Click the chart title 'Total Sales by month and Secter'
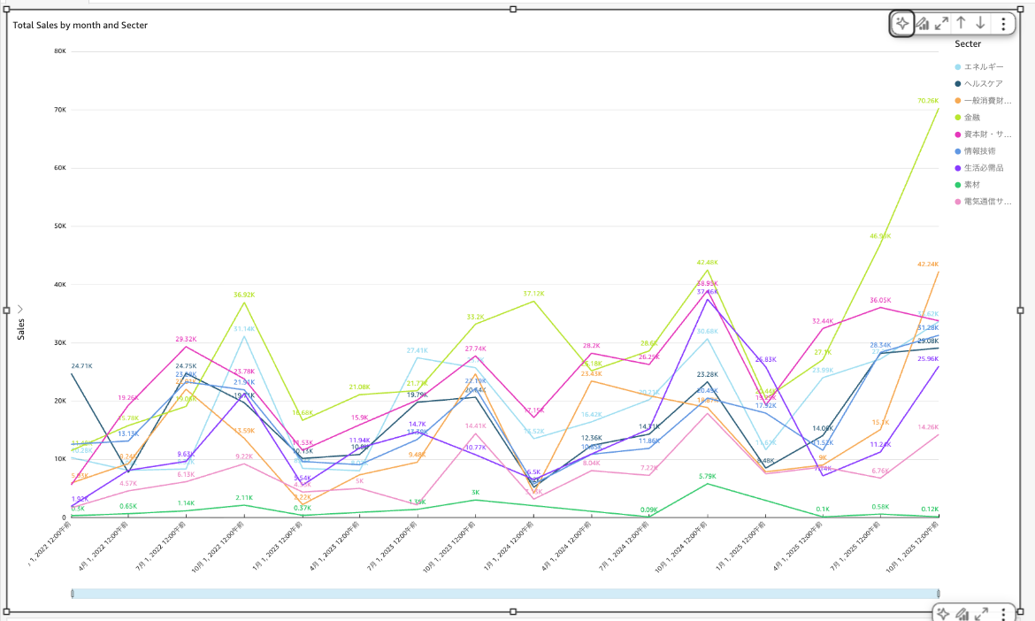pos(80,25)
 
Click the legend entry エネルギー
pos(983,67)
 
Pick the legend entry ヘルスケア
pos(983,84)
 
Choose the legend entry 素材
pos(971,185)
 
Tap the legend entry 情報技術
pos(979,151)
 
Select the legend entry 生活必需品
pos(983,168)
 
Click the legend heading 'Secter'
pos(968,43)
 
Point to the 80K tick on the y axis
pos(60,51)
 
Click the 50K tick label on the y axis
pos(60,226)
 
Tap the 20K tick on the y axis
pos(60,401)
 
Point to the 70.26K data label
pos(928,101)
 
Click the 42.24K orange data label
pos(928,264)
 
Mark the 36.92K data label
pos(244,295)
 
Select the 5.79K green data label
pos(708,477)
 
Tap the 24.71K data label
pos(81,365)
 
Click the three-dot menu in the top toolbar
pos(1003,24)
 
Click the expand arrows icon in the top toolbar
pos(942,24)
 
